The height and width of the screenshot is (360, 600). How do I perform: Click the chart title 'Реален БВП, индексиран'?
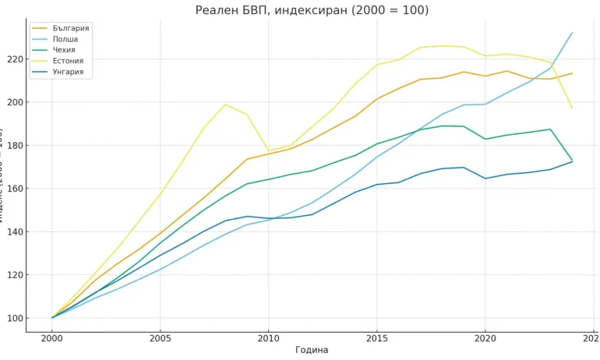coord(311,10)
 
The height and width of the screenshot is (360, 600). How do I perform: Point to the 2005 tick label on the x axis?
coord(160,339)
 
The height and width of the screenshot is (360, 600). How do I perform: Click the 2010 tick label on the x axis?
coord(268,339)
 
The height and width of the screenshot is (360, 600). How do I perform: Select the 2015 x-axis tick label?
coord(376,339)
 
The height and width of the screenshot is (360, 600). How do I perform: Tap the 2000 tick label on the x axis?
coord(52,339)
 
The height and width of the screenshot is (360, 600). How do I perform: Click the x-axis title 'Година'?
coord(312,351)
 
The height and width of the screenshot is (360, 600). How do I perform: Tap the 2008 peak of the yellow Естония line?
coord(225,104)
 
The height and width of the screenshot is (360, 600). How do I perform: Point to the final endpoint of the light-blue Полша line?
coord(572,33)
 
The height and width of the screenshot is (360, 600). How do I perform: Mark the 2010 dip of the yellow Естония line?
coord(268,150)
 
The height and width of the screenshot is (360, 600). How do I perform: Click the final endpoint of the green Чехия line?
coord(572,161)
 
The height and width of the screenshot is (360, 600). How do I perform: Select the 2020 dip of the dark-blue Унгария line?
coord(485,178)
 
